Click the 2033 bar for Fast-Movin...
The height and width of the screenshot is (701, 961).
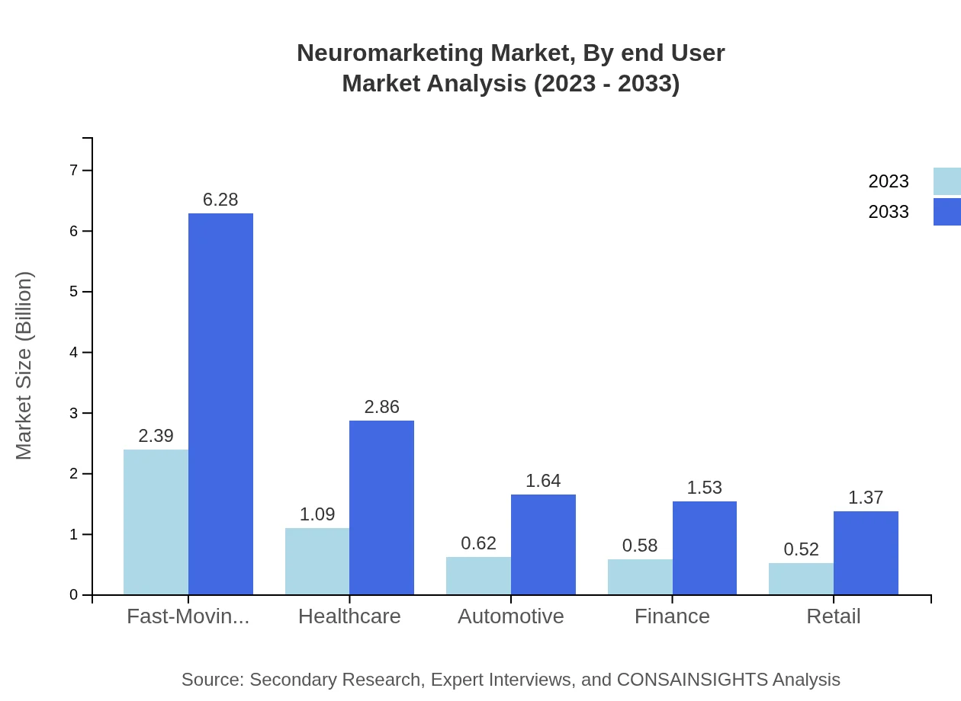click(x=220, y=404)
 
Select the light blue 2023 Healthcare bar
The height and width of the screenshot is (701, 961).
click(x=317, y=562)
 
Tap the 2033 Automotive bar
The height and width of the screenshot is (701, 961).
click(x=543, y=545)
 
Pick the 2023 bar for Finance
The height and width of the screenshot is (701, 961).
click(x=640, y=577)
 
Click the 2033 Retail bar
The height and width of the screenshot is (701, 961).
click(x=866, y=553)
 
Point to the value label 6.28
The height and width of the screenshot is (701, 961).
click(x=220, y=200)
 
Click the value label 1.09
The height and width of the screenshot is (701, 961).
click(x=317, y=514)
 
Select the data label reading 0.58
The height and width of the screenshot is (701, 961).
click(x=640, y=546)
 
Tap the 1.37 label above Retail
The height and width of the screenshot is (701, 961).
click(x=866, y=498)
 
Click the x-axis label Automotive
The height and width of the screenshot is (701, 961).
click(x=511, y=616)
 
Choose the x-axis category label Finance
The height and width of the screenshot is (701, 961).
click(x=672, y=616)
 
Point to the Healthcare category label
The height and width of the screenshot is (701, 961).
click(x=349, y=616)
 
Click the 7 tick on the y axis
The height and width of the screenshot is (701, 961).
click(x=74, y=170)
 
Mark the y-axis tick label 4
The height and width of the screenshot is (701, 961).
click(x=74, y=352)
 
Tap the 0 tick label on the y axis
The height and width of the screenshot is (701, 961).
click(x=74, y=595)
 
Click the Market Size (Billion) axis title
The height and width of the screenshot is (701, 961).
click(x=24, y=366)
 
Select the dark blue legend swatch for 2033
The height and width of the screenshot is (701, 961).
click(x=947, y=212)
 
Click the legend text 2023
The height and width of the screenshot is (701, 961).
click(x=889, y=181)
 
